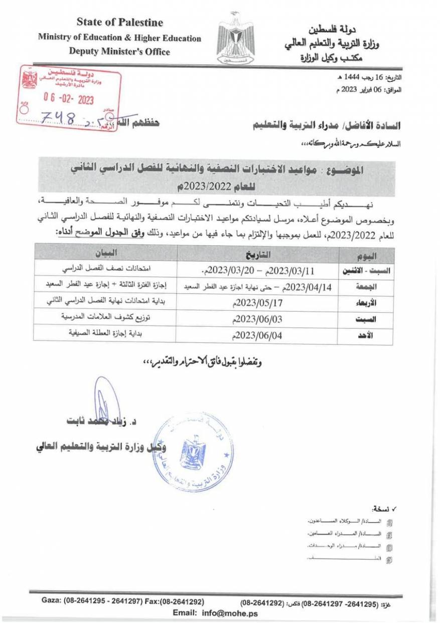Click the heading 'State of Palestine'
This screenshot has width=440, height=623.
click(x=120, y=23)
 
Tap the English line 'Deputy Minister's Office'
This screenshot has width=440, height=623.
click(x=119, y=51)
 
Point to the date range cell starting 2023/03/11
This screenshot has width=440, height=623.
click(x=256, y=271)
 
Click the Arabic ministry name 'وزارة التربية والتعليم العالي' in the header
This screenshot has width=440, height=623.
click(x=332, y=44)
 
